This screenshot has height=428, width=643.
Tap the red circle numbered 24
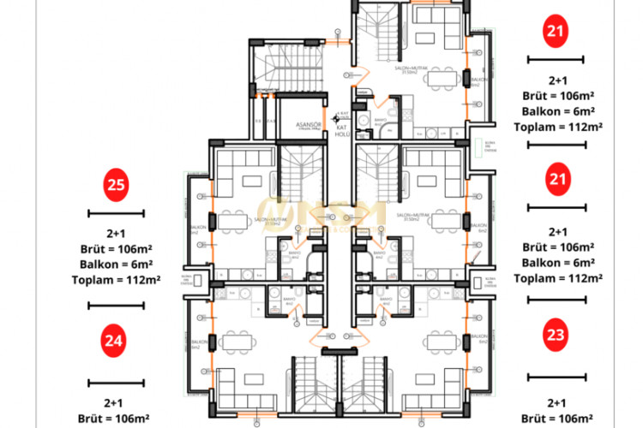(115, 342)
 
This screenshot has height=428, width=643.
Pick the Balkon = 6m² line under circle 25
(115, 263)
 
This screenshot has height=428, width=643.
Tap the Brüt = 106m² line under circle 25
(115, 248)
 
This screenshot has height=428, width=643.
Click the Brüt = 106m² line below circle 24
(115, 418)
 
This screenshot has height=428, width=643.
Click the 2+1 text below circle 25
(115, 233)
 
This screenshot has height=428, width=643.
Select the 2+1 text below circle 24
(115, 402)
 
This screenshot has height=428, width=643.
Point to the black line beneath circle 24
(115, 382)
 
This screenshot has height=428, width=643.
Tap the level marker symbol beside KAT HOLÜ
(341, 114)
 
